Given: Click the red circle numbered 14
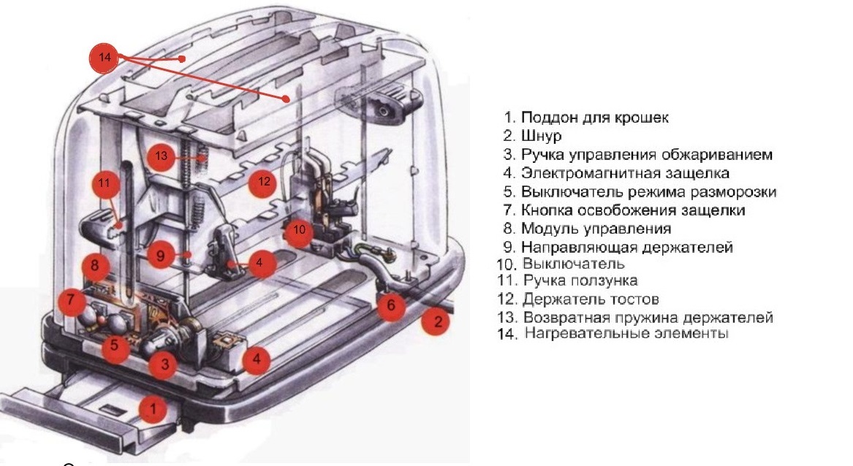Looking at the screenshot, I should click(x=105, y=58).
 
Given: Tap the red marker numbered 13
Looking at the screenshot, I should click(x=162, y=156).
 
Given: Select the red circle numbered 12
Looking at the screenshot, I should click(x=264, y=183).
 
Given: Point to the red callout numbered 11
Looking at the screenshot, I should click(x=105, y=183).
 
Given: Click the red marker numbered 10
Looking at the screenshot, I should click(x=298, y=230).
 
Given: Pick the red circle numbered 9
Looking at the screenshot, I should click(x=161, y=256).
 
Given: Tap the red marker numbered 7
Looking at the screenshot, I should click(x=70, y=299).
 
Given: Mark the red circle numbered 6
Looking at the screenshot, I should click(x=391, y=306).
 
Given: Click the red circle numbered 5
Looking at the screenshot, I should click(x=115, y=346).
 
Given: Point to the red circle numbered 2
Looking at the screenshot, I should click(x=437, y=321).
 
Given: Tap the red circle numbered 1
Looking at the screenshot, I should click(x=153, y=409).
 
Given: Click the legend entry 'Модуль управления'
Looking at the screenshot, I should click(x=596, y=229).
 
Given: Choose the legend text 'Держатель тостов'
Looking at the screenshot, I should click(x=591, y=299).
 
